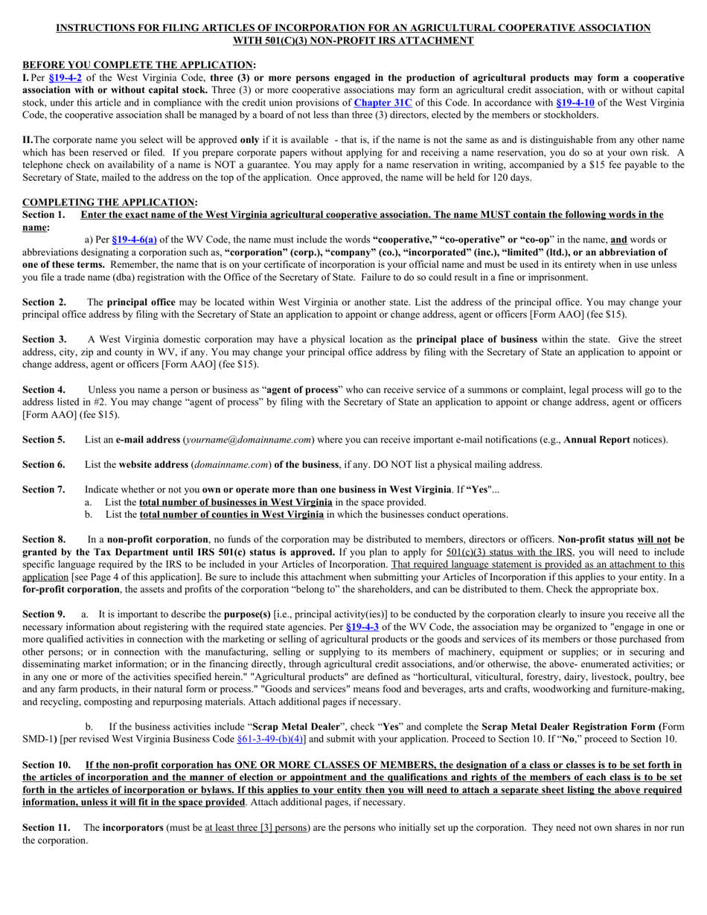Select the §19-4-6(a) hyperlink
coord(133,240)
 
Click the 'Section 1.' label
coord(43,215)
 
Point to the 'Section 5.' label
coord(43,440)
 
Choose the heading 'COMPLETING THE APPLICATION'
coord(108,202)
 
